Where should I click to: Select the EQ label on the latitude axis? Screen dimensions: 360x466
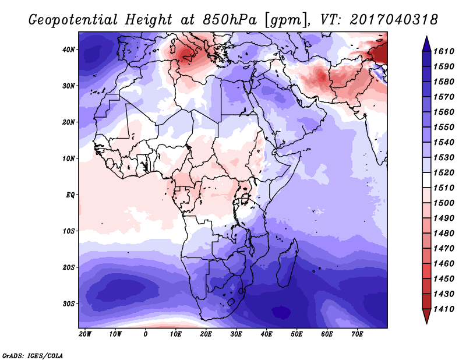click(70, 195)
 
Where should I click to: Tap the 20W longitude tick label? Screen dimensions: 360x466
click(85, 334)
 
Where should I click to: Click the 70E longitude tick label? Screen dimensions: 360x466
click(357, 334)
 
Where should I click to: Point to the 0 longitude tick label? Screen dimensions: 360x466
click(146, 334)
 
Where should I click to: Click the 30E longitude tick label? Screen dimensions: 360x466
click(236, 334)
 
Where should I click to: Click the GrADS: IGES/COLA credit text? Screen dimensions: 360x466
click(33, 355)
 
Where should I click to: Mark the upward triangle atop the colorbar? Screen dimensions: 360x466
click(426, 41)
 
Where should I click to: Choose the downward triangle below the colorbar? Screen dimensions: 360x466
click(426, 317)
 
